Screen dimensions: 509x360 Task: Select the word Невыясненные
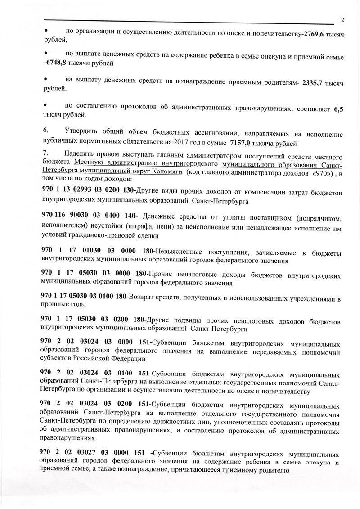click(x=180, y=252)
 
